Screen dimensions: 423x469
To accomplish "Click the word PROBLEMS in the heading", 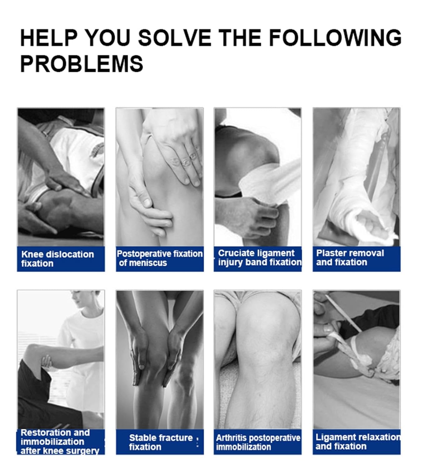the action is click(x=82, y=64).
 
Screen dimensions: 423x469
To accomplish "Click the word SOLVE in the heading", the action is click(x=175, y=38).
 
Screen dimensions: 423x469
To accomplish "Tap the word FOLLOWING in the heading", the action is click(x=335, y=38).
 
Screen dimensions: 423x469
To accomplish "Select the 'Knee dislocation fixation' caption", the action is click(x=57, y=259).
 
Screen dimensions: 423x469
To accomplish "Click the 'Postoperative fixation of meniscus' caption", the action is click(x=160, y=258).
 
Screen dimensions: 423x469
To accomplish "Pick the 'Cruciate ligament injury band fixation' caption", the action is click(x=260, y=258).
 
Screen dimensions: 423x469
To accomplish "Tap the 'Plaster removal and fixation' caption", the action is click(x=350, y=258).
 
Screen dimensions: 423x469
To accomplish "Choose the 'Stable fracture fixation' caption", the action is click(x=161, y=442).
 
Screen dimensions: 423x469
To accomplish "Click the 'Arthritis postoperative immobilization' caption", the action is click(x=258, y=442).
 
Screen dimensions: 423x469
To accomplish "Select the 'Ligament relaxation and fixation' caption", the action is click(x=358, y=442).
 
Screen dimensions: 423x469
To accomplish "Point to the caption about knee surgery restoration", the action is click(x=60, y=442).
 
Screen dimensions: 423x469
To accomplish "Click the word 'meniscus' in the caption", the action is click(x=148, y=263).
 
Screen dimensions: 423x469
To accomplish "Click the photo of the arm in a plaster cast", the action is click(x=357, y=177).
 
